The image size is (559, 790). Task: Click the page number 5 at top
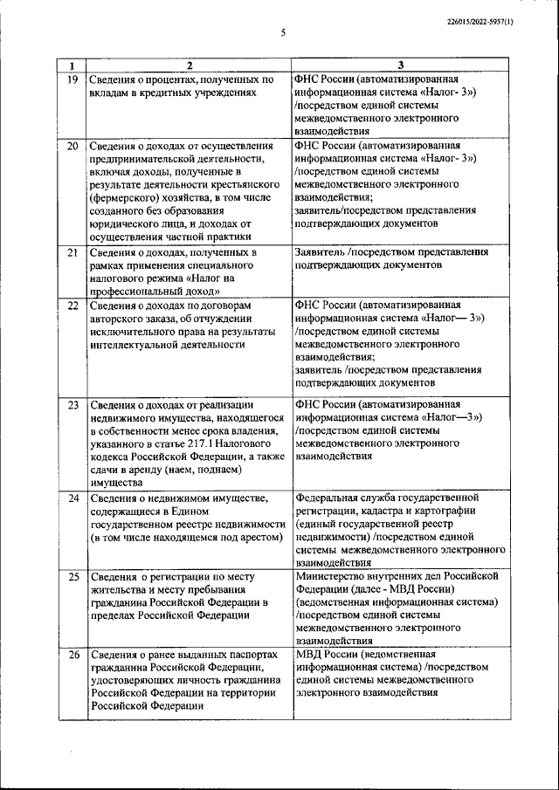[283, 33]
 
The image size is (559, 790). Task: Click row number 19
[72, 79]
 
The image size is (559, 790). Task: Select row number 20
[72, 146]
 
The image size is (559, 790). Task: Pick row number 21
[72, 252]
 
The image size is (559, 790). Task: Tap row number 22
[72, 306]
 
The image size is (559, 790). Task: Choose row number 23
[72, 405]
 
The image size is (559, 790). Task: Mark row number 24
[72, 498]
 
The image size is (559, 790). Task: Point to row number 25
[72, 577]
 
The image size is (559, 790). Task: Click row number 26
[72, 655]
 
